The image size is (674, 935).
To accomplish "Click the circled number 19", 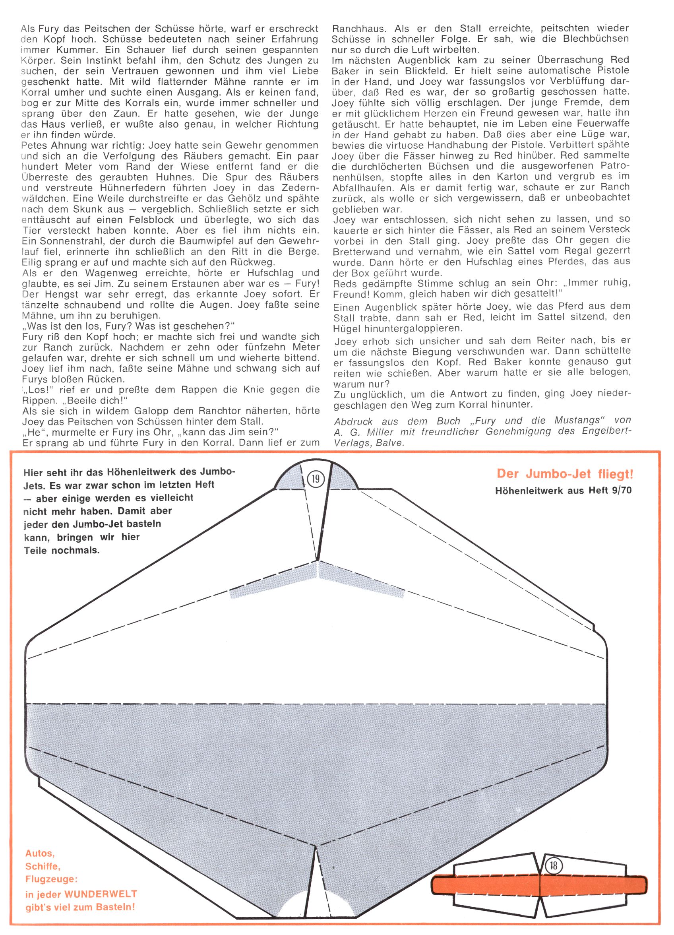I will [x=316, y=479].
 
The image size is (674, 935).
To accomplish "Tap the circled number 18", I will [x=554, y=866].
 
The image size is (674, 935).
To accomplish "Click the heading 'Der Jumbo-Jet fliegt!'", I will [x=565, y=474].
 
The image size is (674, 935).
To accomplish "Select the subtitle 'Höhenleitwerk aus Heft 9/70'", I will [x=563, y=490].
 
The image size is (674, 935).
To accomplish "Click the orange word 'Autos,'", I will [x=40, y=854].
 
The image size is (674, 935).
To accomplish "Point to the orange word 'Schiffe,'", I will [x=43, y=866].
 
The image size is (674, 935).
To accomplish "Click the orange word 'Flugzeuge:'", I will [x=51, y=879].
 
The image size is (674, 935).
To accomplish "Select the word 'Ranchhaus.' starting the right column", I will [x=358, y=29].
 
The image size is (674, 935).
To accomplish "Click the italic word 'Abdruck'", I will [x=353, y=421].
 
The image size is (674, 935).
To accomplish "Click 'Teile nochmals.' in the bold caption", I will [x=62, y=550].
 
